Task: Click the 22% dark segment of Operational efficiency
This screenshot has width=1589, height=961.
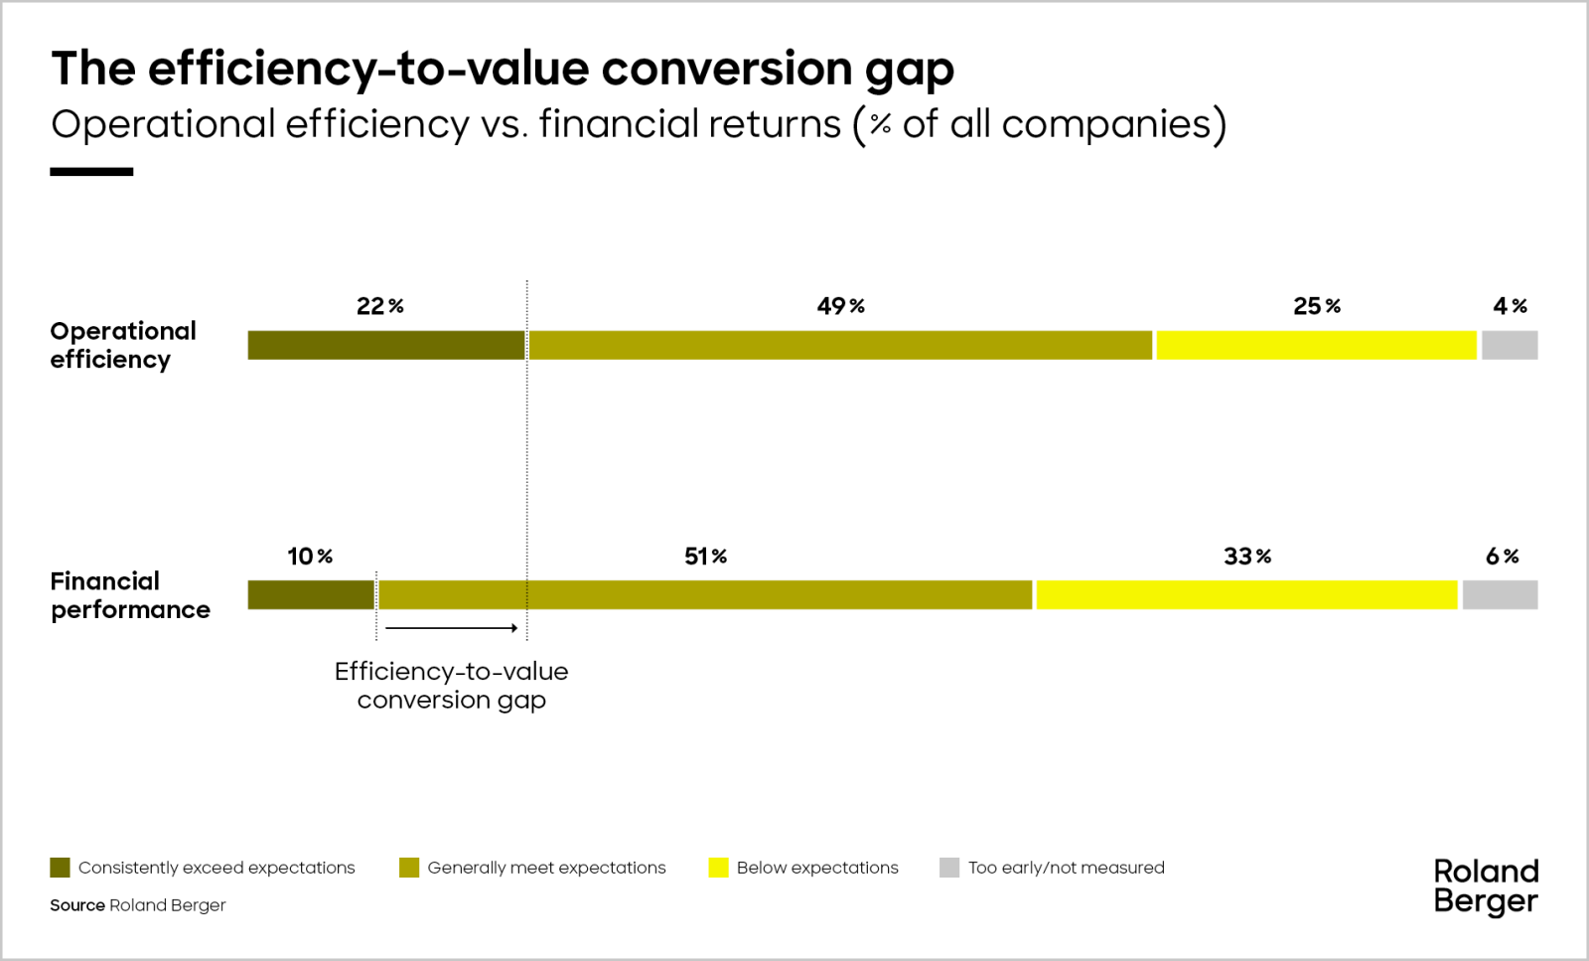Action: pos(386,345)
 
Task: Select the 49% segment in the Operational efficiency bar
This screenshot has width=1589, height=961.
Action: pos(840,345)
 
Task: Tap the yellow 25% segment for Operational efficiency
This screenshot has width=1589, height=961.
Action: pos(1316,345)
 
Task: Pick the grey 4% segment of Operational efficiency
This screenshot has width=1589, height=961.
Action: pos(1510,345)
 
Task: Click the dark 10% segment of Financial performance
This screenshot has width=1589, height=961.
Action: pos(311,595)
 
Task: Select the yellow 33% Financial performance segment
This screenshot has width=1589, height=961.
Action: pos(1246,595)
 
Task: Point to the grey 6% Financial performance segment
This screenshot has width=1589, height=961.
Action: pos(1500,595)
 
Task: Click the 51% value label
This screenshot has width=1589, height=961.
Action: pos(705,557)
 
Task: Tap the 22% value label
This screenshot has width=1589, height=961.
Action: pos(379,306)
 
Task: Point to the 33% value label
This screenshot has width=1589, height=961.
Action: pos(1246,557)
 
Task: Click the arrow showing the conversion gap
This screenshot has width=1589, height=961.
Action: pos(452,628)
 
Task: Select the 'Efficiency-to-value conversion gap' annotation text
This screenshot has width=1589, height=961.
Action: pos(452,686)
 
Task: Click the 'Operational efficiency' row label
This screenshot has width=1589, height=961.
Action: pos(123,345)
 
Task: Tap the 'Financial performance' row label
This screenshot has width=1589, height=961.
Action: pos(130,595)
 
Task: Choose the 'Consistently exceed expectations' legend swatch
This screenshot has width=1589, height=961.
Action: pos(60,868)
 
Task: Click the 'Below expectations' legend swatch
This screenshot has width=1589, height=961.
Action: pos(718,868)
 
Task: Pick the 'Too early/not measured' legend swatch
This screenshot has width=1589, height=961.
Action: pos(949,868)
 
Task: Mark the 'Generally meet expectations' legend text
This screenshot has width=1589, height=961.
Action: pos(546,868)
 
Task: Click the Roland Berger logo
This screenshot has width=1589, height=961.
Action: pos(1486,886)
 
